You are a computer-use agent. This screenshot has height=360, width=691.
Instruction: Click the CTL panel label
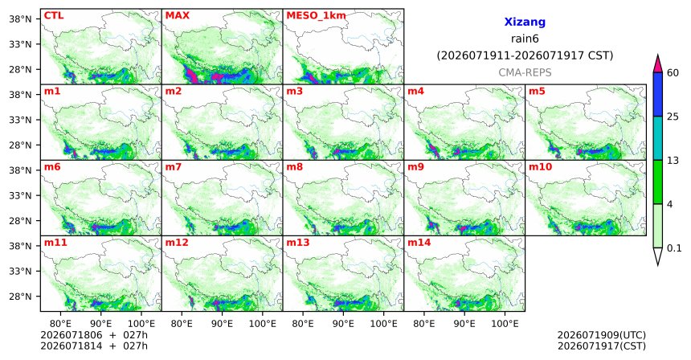click(x=54, y=16)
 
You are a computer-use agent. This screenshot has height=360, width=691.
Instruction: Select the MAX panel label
click(x=177, y=16)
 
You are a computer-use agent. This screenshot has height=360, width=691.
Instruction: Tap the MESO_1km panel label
click(x=316, y=16)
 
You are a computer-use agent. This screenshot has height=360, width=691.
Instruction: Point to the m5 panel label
click(x=537, y=92)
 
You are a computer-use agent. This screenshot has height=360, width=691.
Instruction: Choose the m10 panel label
click(x=540, y=167)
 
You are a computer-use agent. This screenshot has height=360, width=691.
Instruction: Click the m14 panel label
click(x=419, y=243)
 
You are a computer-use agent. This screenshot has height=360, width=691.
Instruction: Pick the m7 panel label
click(x=174, y=167)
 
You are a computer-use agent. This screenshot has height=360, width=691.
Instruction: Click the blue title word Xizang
click(x=525, y=22)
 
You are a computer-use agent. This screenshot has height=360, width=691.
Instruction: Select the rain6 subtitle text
click(x=525, y=39)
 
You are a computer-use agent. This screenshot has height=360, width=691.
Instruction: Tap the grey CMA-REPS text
click(x=525, y=72)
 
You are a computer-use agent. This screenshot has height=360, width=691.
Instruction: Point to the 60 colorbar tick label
click(x=673, y=73)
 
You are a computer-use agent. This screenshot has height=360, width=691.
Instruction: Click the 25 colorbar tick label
click(x=673, y=117)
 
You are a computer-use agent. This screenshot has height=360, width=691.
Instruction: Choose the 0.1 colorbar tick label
click(x=674, y=248)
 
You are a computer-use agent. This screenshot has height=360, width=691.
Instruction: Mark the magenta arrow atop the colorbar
click(x=658, y=63)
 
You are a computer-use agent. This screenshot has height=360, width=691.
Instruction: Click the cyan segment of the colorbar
click(x=658, y=138)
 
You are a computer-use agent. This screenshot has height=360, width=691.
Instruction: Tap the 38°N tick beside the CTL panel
click(x=20, y=19)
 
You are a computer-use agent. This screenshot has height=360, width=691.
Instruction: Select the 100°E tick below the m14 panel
click(x=505, y=324)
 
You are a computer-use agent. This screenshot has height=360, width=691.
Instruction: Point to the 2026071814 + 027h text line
click(x=94, y=346)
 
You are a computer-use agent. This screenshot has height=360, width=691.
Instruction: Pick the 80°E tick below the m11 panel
click(x=60, y=324)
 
